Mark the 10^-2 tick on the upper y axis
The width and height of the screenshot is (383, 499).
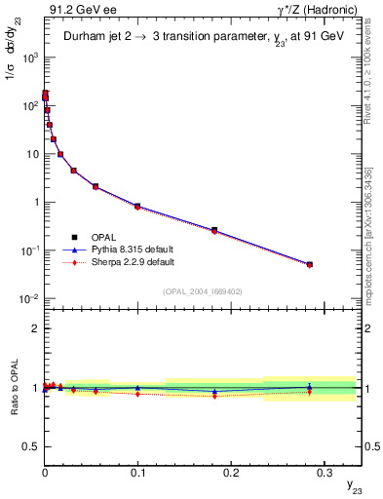29,299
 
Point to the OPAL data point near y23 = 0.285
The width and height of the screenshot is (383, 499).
310,264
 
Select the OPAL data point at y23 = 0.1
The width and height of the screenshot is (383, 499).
137,207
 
